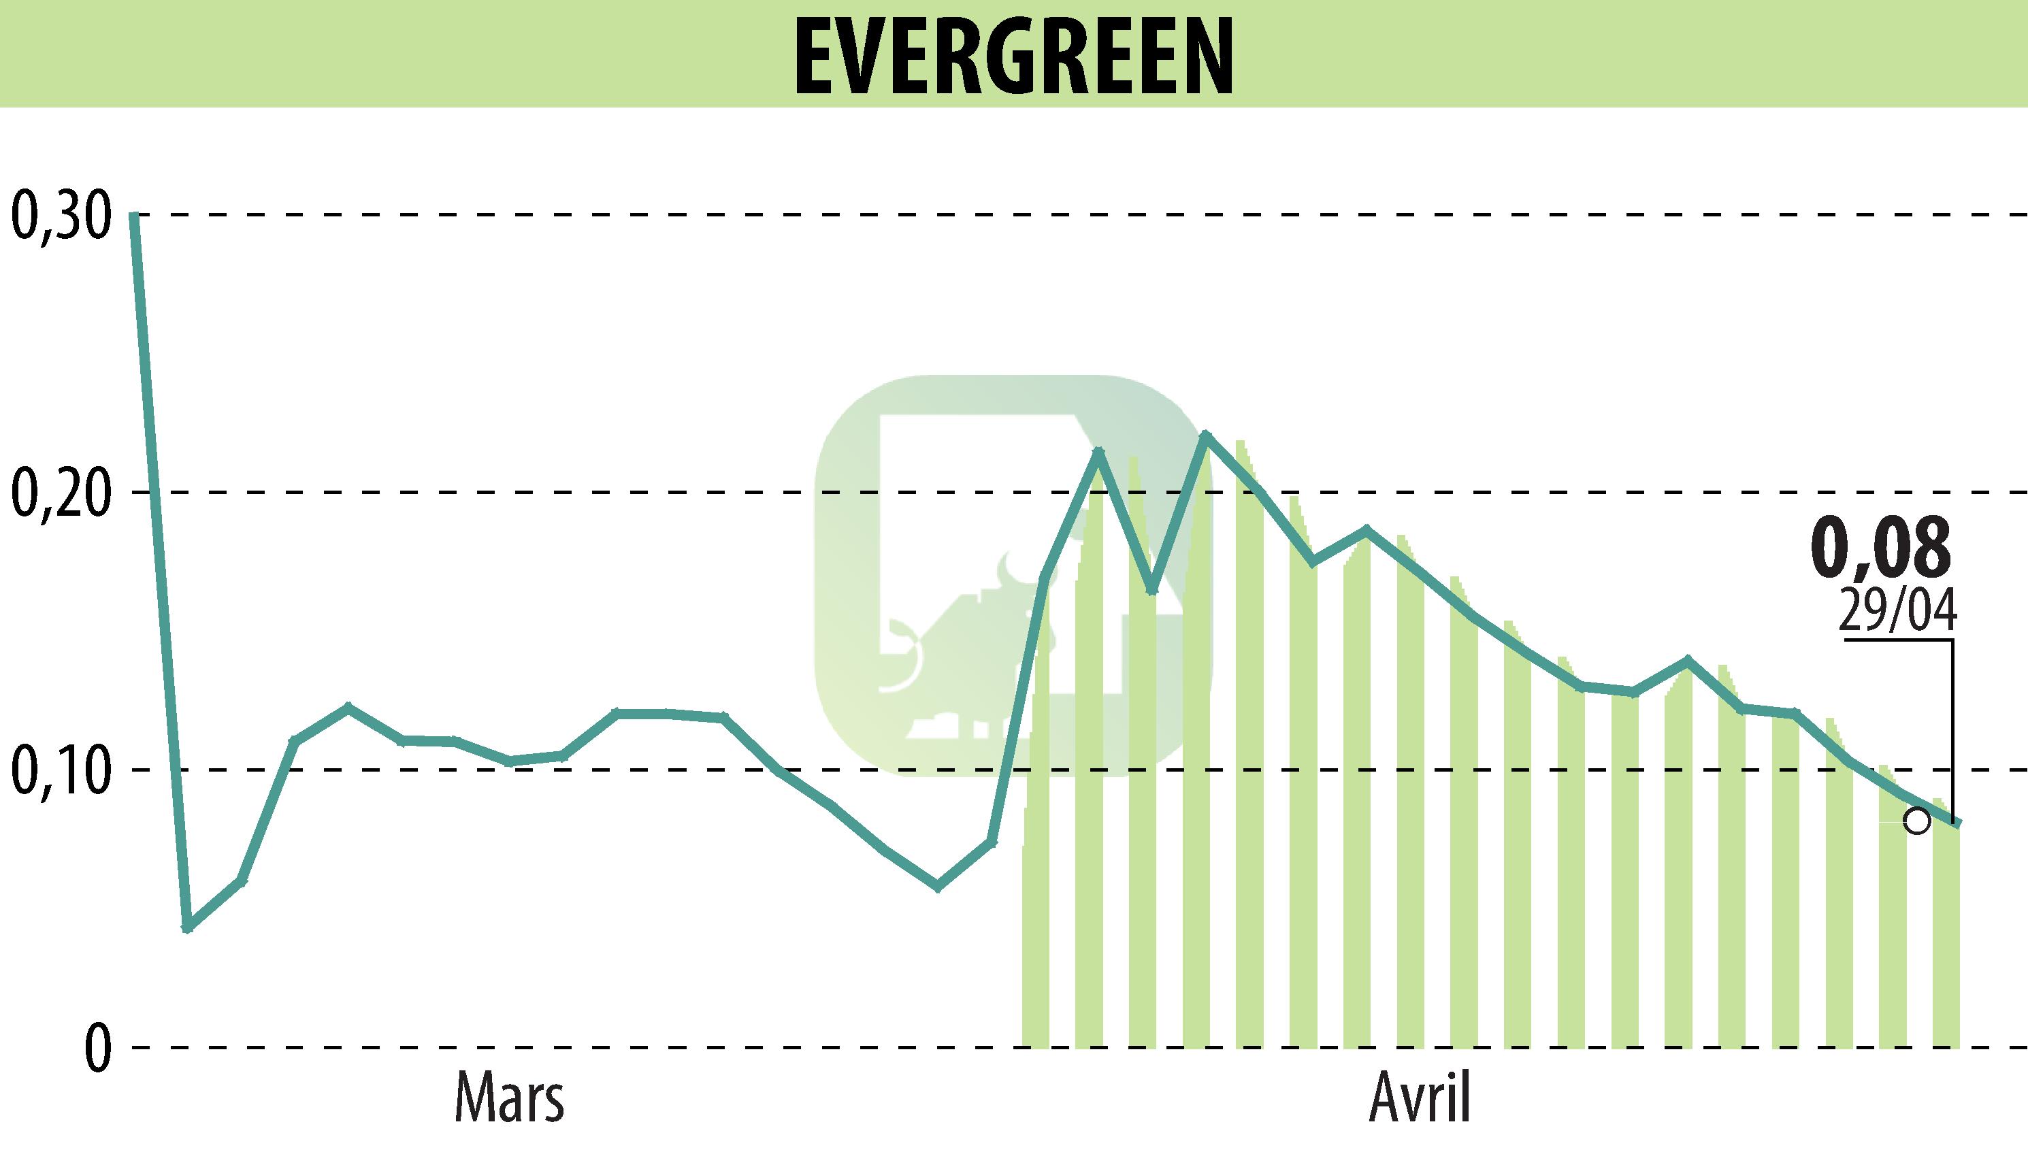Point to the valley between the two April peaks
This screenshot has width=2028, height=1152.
pyautogui.click(x=1151, y=590)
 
